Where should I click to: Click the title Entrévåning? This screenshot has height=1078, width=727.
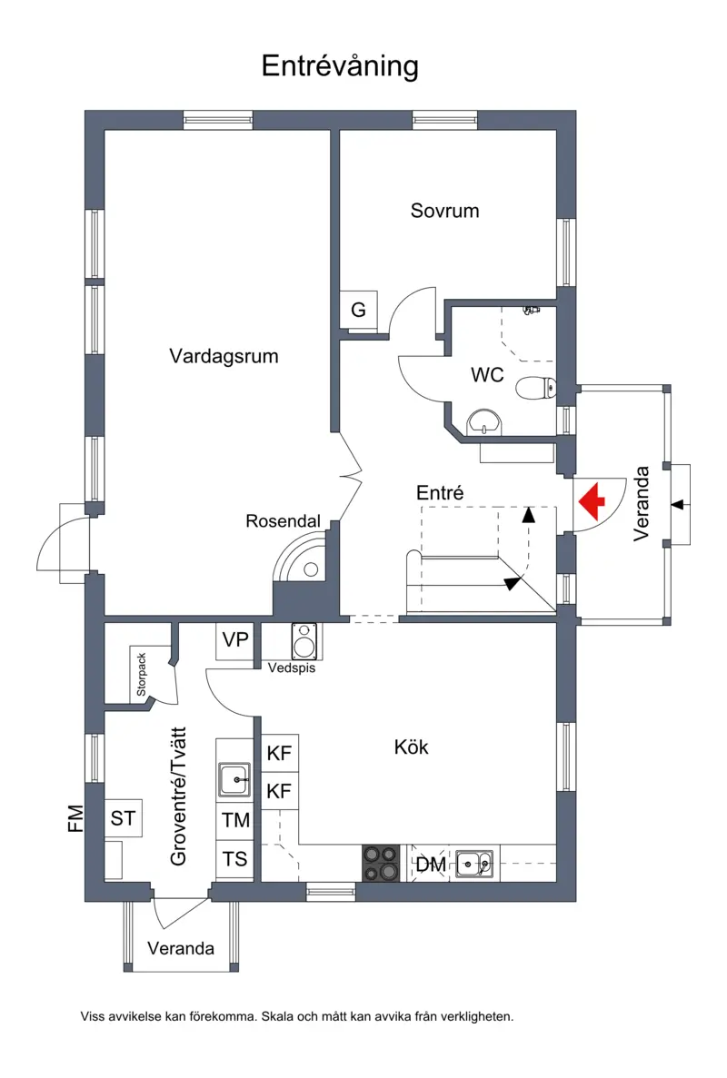(x=340, y=66)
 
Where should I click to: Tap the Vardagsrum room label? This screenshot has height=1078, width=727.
(x=224, y=356)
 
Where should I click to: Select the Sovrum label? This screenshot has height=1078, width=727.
(x=444, y=211)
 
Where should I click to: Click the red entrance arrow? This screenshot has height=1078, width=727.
(x=592, y=501)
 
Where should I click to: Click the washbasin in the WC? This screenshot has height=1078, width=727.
(x=485, y=422)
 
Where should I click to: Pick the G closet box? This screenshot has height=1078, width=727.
(x=358, y=310)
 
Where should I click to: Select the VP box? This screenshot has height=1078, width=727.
(x=235, y=641)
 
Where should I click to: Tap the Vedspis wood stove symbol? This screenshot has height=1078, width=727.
(x=304, y=640)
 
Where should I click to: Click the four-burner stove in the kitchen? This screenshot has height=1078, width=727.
(x=381, y=863)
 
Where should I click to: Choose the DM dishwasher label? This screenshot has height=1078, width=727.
(x=431, y=865)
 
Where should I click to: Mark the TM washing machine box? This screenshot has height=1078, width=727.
(x=234, y=820)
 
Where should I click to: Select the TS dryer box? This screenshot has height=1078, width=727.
(x=234, y=859)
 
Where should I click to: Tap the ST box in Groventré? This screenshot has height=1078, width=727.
(x=123, y=818)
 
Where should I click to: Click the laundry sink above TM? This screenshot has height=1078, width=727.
(x=234, y=779)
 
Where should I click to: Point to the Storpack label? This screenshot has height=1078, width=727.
(x=141, y=675)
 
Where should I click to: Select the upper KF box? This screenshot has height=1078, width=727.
(x=279, y=753)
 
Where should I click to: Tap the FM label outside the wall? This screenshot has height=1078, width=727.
(x=75, y=818)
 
